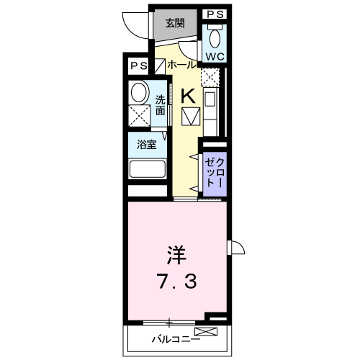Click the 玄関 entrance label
175,22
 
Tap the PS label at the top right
215,14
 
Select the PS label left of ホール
138,65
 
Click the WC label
215,56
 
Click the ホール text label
181,65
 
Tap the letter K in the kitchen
187,94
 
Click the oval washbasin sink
138,92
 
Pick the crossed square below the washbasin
139,116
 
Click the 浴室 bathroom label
148,143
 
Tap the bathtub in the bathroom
148,170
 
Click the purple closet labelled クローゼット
215,173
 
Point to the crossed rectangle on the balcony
205,331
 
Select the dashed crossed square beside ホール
209,76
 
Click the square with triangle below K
191,117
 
